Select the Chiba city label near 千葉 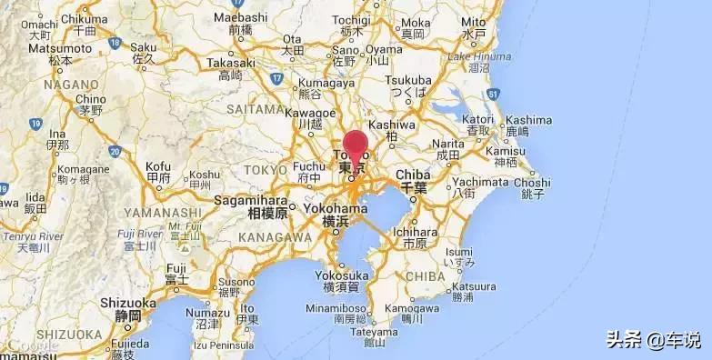pos(414,175)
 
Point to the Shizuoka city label pos(128,303)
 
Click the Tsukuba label pos(407,80)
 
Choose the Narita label pos(447,144)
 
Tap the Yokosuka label pos(342,275)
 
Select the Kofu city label pos(158,165)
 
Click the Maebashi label pos(241,17)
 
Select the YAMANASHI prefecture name pos(163,212)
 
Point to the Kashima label pos(528,119)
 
